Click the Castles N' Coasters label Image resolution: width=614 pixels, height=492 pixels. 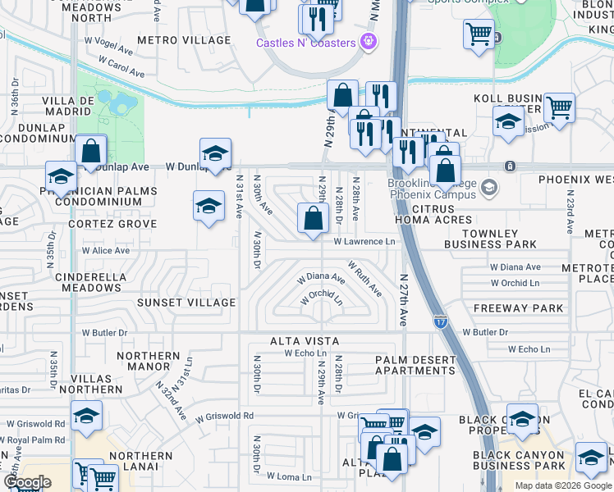click(x=305, y=43)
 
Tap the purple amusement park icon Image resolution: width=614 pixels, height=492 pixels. click(x=369, y=40)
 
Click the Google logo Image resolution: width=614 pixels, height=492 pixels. click(x=28, y=482)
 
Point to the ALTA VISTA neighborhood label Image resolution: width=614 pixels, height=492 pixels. click(x=305, y=341)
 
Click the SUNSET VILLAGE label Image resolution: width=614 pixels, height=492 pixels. click(x=186, y=303)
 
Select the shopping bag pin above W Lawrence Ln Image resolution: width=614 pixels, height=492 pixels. click(x=313, y=220)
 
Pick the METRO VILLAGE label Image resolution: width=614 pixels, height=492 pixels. click(x=184, y=40)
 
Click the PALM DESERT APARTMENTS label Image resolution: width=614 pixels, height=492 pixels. click(x=415, y=365)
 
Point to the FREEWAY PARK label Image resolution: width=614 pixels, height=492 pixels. click(x=519, y=308)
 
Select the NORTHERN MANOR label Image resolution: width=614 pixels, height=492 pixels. click(x=149, y=362)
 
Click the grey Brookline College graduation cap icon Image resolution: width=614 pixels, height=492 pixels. click(x=490, y=188)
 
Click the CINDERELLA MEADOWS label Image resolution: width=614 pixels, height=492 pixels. click(x=89, y=282)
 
